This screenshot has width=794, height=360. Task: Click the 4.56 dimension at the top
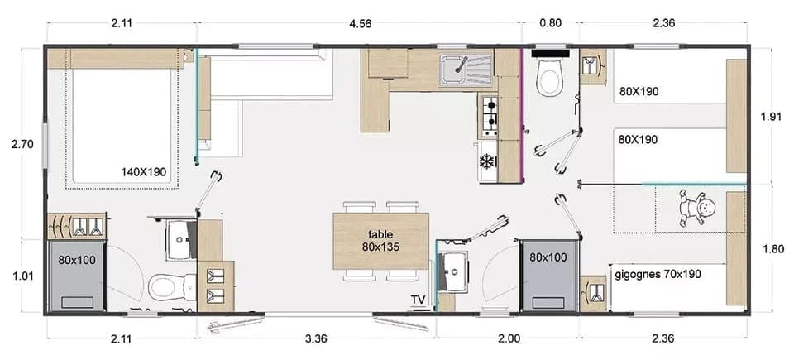[360, 23]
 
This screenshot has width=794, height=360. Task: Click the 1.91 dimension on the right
[770, 117]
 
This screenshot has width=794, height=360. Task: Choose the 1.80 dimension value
[770, 247]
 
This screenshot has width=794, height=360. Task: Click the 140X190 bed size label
[144, 173]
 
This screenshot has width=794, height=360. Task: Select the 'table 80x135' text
[380, 240]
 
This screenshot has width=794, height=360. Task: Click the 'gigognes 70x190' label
[658, 273]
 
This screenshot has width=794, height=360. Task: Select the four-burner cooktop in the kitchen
[489, 116]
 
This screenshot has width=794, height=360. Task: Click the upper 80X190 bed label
[638, 91]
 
